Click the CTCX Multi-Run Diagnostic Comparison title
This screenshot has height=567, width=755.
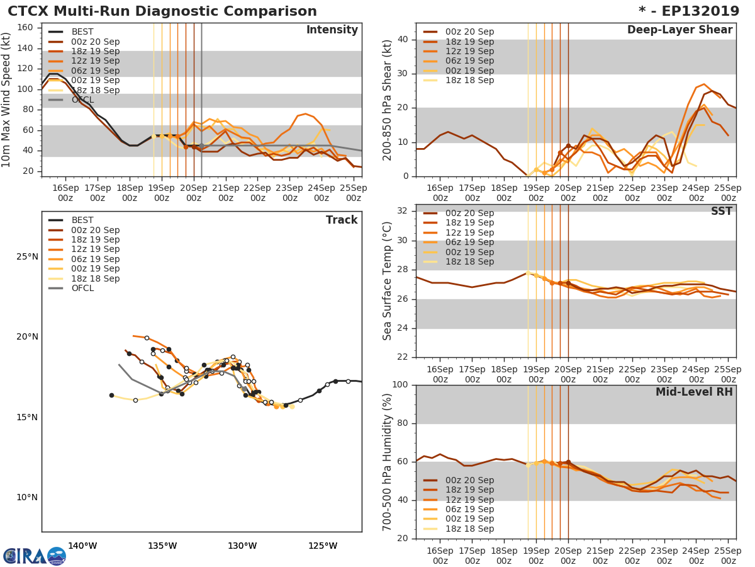(x=162, y=11)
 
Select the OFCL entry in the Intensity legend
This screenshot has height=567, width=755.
(x=82, y=100)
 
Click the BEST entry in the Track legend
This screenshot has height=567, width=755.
(x=82, y=220)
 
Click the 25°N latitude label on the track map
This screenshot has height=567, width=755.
(x=27, y=257)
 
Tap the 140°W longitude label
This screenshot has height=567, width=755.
(x=82, y=546)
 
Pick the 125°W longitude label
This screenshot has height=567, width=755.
(x=323, y=546)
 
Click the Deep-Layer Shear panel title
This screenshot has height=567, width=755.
(x=679, y=30)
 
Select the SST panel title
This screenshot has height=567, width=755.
(x=721, y=212)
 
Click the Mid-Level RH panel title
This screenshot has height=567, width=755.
(x=694, y=392)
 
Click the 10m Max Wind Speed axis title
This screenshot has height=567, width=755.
(x=7, y=100)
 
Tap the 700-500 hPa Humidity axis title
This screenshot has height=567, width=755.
(x=388, y=462)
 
